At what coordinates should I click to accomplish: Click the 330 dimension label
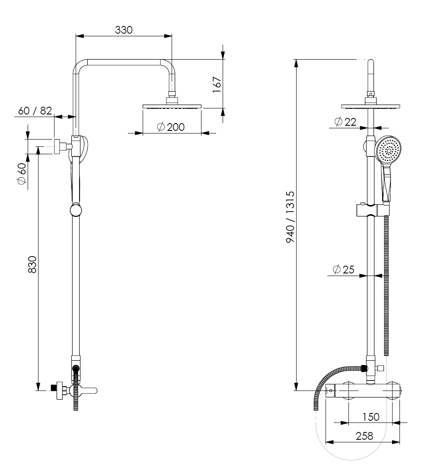[x=124, y=30]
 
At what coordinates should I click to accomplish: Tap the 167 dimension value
[x=217, y=85]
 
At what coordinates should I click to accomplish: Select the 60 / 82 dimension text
[x=35, y=111]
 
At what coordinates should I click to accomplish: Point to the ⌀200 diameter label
[x=171, y=127]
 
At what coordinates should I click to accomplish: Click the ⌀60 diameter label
[x=22, y=174]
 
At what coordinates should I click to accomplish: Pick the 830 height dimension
[x=32, y=264]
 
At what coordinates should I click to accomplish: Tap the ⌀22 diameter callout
[x=345, y=122]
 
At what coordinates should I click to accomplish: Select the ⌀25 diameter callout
[x=344, y=269]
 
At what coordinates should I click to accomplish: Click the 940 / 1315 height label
[x=290, y=217]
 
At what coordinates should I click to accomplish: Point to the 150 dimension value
[x=371, y=416]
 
